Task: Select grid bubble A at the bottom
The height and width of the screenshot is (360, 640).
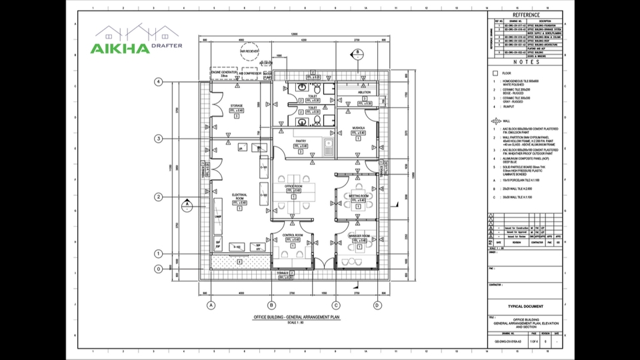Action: [211, 305]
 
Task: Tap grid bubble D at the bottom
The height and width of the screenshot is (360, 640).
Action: [377, 305]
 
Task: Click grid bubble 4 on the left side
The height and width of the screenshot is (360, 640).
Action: [159, 82]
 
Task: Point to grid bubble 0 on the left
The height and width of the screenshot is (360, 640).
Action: [159, 269]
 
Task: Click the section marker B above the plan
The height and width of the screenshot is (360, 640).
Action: [357, 52]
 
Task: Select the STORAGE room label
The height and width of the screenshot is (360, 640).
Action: [237, 105]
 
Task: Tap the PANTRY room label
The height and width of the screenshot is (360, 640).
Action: [300, 141]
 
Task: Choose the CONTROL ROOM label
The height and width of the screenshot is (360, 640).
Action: [293, 235]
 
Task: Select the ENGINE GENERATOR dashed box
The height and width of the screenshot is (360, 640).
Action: [224, 73]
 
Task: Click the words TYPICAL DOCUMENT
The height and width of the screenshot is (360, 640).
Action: [530, 307]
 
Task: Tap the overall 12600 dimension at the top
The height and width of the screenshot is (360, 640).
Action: [293, 35]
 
